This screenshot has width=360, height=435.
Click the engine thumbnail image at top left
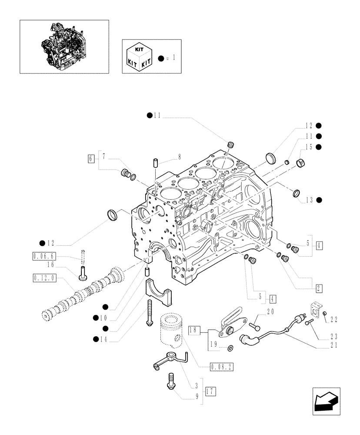pyautogui.click(x=63, y=46)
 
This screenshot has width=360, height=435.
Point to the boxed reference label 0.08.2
pyautogui.click(x=221, y=367)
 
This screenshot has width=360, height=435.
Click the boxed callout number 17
pyautogui.click(x=210, y=391)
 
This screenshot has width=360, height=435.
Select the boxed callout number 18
pyautogui.click(x=193, y=331)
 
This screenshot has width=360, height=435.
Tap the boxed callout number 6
pyautogui.click(x=90, y=159)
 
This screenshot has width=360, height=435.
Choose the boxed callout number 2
pyautogui.click(x=319, y=288)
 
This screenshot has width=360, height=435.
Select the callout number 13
pyautogui.click(x=309, y=200)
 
